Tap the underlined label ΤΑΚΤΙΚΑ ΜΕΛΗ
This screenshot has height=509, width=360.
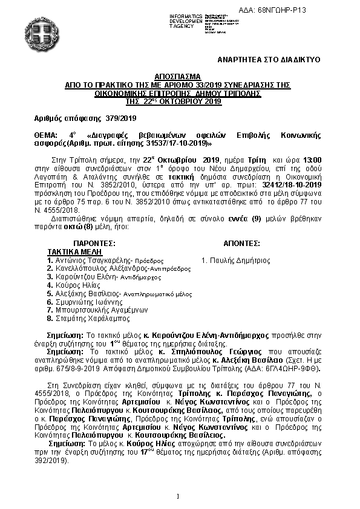[71, 251]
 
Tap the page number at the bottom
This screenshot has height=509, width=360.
[180, 496]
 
